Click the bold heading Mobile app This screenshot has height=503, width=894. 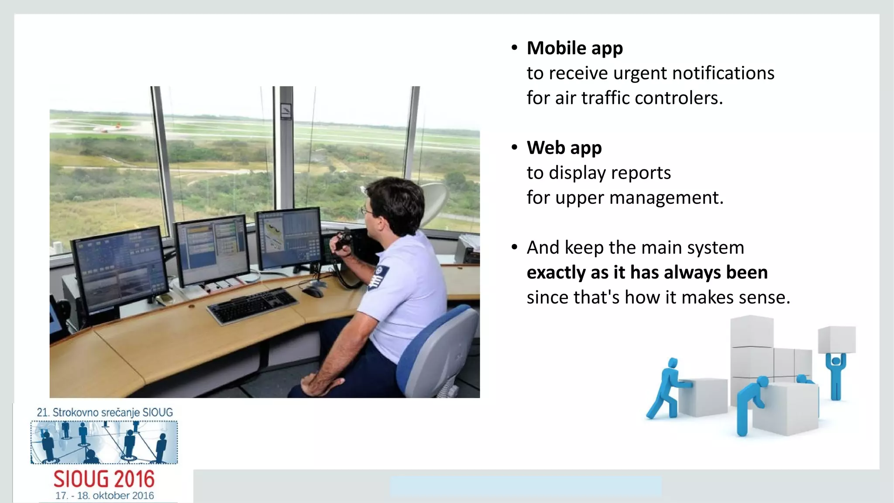tap(574, 48)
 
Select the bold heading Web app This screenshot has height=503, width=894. tap(564, 148)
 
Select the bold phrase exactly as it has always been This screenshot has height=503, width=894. tap(647, 272)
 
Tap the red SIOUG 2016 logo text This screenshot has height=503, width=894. tap(104, 479)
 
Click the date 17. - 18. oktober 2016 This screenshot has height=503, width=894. tap(104, 496)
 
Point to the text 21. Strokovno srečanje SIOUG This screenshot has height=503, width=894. tap(105, 412)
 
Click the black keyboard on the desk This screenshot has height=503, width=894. tap(252, 306)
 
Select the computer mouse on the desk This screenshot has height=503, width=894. tap(313, 292)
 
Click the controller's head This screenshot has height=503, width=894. tap(395, 205)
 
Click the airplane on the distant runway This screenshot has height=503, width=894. tap(107, 128)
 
